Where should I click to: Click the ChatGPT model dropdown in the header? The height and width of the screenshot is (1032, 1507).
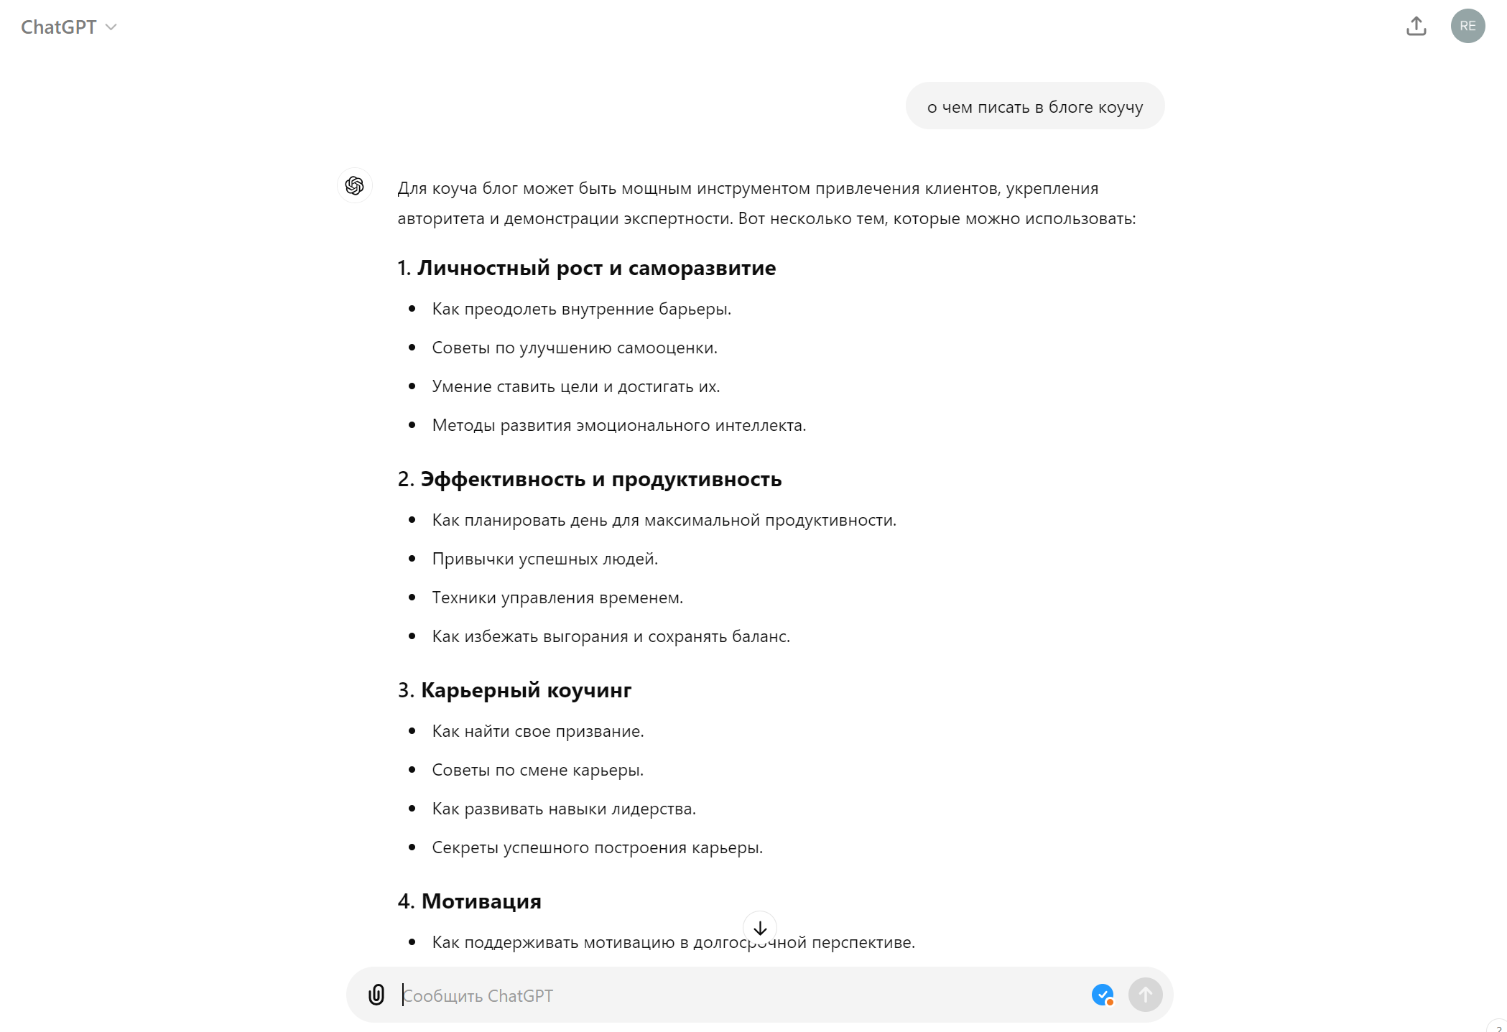tap(68, 27)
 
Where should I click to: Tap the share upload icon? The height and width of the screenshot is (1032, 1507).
tap(1416, 27)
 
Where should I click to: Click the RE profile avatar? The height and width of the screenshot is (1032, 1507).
tap(1467, 27)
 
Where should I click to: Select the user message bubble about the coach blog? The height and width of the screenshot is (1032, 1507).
tap(1034, 107)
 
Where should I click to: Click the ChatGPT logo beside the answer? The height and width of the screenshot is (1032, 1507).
tap(355, 186)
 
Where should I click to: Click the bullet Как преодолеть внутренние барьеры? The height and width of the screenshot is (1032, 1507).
tap(581, 309)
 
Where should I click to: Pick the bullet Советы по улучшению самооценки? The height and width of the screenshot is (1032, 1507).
tap(574, 348)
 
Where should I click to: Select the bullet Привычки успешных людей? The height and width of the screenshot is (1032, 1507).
tap(544, 559)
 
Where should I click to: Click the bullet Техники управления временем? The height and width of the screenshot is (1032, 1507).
tap(557, 598)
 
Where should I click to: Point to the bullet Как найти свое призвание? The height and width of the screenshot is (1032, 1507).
tap(537, 731)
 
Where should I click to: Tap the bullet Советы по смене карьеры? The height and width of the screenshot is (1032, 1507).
tap(537, 770)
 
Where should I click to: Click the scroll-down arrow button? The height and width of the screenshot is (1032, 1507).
tap(759, 928)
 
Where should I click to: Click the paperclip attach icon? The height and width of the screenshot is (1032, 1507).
tap(376, 995)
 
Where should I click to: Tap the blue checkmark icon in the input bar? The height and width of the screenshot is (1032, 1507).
tap(1102, 995)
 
